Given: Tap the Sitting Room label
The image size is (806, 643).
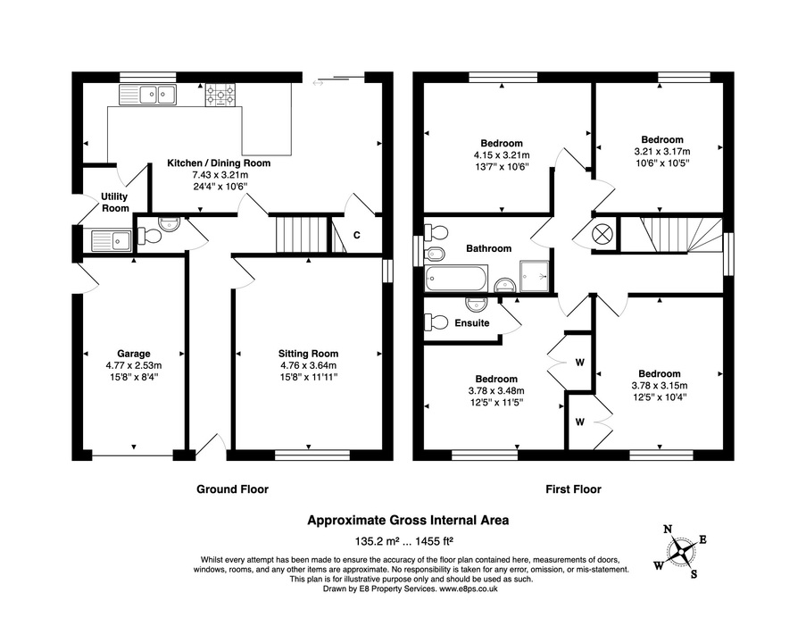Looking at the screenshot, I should point(308,353).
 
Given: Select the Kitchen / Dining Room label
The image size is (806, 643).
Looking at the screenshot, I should point(219,163).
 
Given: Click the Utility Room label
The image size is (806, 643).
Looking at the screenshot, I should point(115,202).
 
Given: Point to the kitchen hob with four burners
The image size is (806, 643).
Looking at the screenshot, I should point(220,95).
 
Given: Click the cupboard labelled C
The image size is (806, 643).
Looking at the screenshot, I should point(356,235).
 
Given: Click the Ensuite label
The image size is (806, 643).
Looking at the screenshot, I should point(471,323).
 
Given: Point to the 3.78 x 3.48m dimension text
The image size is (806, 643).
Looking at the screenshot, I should point(495,390).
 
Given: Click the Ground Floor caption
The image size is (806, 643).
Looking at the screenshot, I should point(232,489).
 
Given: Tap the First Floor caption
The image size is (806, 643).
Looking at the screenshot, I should point(572,489).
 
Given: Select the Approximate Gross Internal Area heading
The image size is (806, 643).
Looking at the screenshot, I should point(408,520).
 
